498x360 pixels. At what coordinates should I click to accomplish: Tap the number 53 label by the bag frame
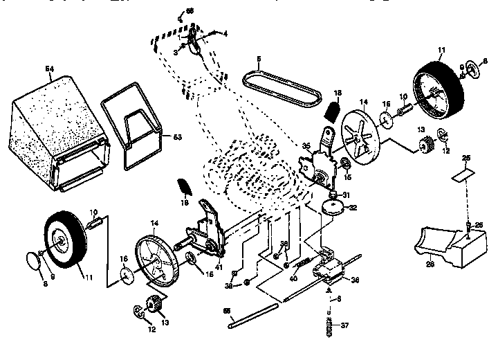(x=177, y=138)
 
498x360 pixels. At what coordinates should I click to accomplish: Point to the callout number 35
(x=305, y=146)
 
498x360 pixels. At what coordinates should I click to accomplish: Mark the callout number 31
(x=346, y=194)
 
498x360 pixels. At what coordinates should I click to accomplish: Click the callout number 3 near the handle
(x=176, y=52)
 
